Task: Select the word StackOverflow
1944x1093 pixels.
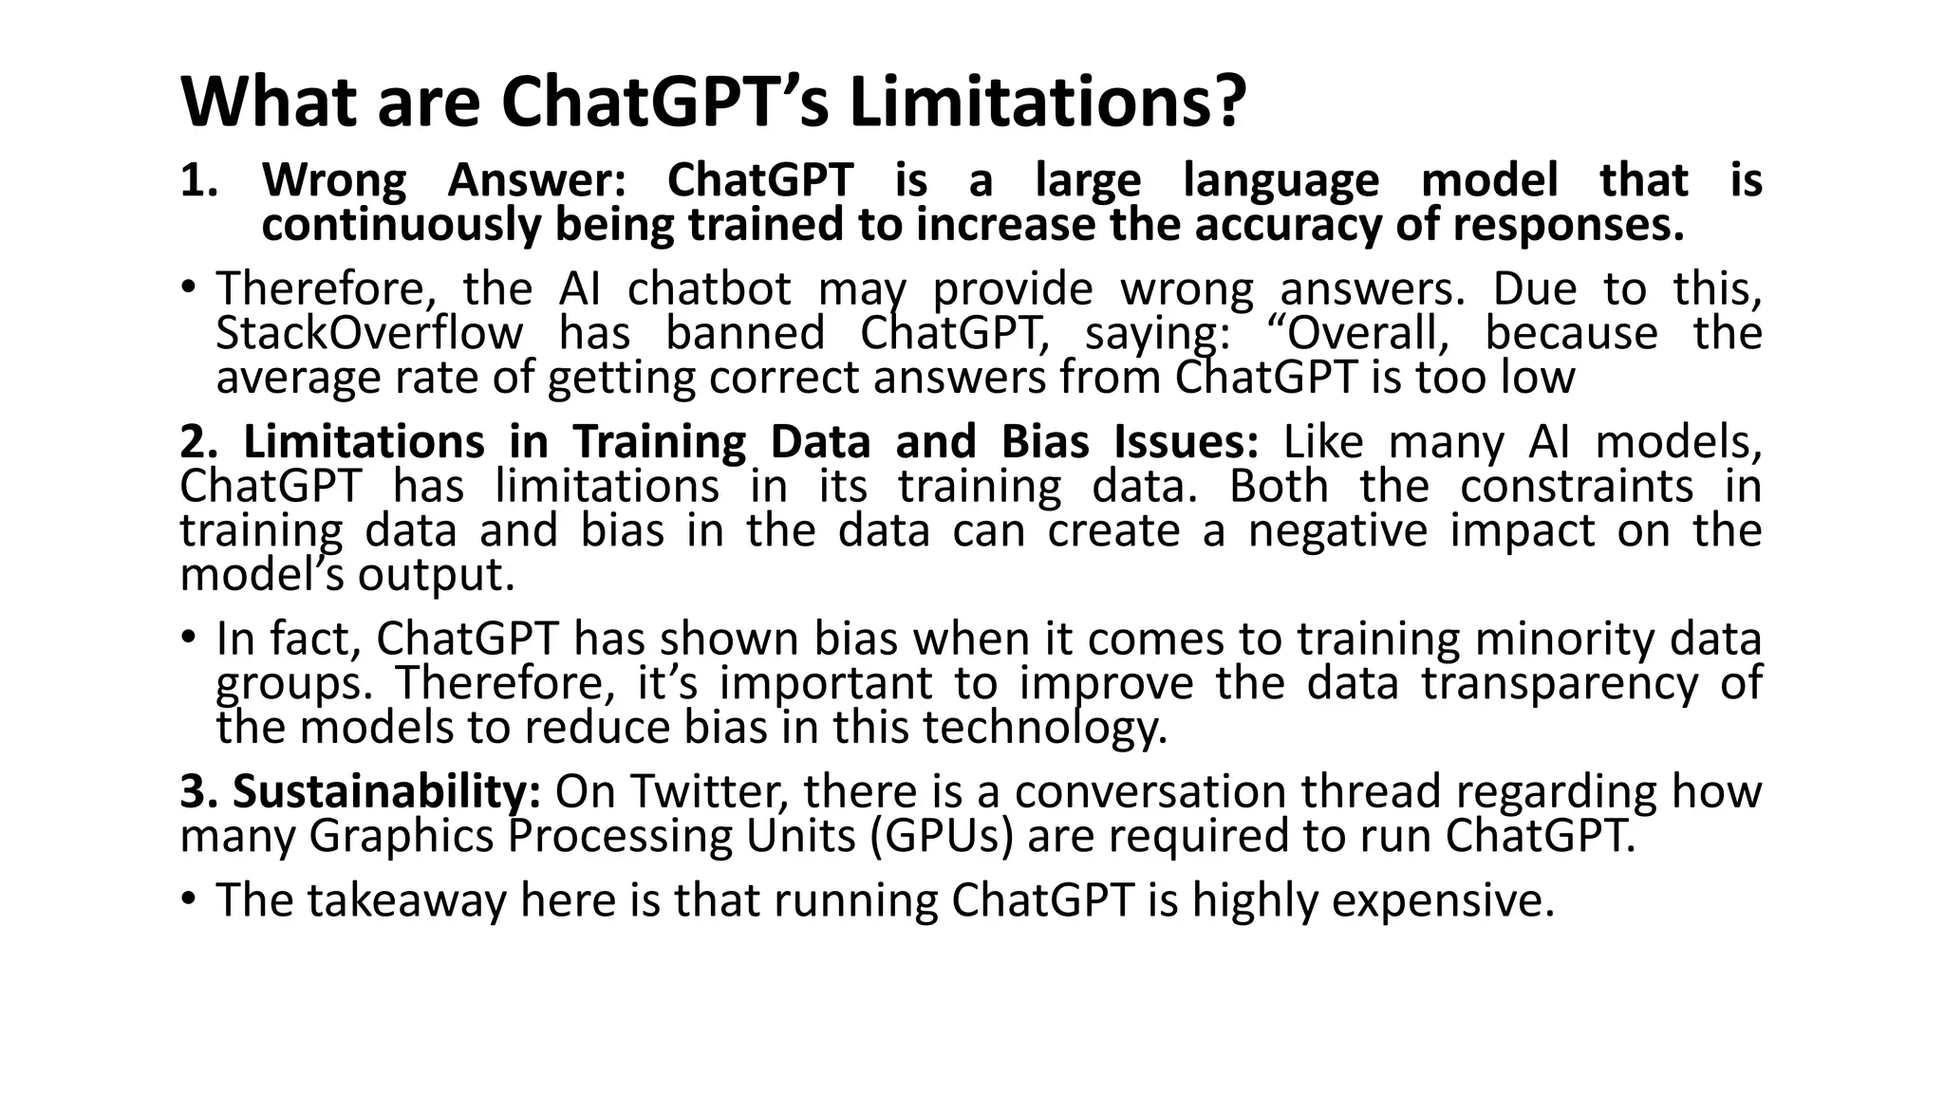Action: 369,333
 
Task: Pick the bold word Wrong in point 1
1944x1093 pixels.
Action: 333,180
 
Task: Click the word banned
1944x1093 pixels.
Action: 744,333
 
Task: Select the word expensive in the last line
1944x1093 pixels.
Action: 1442,900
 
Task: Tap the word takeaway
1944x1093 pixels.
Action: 407,900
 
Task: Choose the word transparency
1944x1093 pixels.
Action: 1560,683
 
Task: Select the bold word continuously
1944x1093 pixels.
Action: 400,225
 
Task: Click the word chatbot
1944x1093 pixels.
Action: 709,288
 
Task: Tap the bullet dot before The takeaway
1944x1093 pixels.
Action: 190,898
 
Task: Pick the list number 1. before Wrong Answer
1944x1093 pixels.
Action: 198,180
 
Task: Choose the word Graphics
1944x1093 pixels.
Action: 400,836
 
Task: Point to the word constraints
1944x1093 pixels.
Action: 1576,486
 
